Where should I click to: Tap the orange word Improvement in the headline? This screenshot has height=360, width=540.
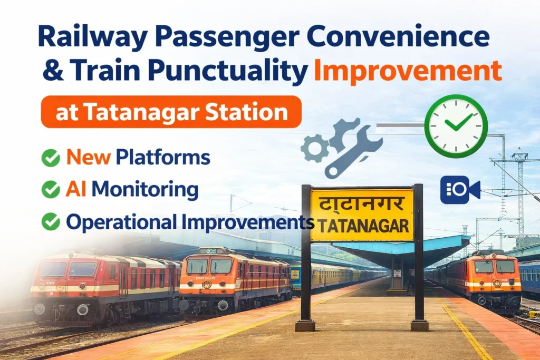(x=408, y=71)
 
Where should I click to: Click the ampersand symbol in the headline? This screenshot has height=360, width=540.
(x=53, y=71)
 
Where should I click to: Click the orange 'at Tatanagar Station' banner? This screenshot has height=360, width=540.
(x=171, y=112)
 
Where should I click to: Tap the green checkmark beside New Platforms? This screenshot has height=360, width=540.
(x=51, y=158)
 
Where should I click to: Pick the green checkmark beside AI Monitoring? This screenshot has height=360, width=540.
(x=51, y=190)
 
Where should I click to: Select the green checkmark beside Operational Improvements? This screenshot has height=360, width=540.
(x=51, y=222)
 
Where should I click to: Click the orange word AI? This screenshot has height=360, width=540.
(x=76, y=189)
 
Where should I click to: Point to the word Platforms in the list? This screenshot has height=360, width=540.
(x=163, y=157)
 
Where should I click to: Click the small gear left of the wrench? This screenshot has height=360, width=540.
(x=315, y=148)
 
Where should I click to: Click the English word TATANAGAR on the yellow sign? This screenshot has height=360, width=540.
(x=361, y=226)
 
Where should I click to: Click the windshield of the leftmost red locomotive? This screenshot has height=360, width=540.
(x=69, y=269)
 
